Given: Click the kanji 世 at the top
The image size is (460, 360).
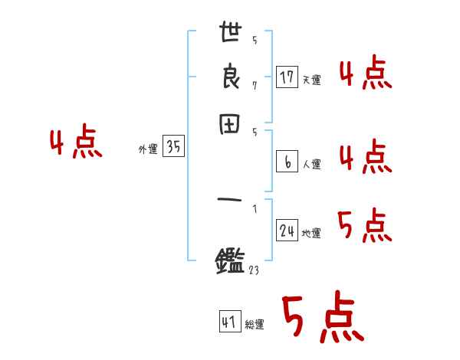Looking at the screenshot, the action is tap(231, 34).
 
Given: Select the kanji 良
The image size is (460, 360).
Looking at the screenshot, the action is tap(231, 77).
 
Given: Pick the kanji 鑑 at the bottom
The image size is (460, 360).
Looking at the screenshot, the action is tap(231, 263).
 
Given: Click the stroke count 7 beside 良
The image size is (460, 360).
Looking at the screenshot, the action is tap(254, 85).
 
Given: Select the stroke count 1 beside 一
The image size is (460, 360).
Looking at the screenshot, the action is tap(254, 208).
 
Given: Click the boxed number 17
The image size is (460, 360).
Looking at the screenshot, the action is tap(287, 77).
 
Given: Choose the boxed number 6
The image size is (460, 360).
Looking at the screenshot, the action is tap(287, 162).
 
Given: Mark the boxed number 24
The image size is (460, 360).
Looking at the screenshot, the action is tap(287, 230).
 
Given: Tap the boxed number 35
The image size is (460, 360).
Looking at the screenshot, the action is tap(173, 147).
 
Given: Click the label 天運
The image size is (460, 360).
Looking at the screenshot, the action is tap(311, 80).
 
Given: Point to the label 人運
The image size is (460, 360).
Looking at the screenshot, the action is tap(311, 164).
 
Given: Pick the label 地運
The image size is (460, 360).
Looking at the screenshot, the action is tap(311, 233).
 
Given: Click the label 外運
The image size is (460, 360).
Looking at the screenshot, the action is tap(148, 150).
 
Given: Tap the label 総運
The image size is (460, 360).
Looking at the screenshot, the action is tap(255, 325).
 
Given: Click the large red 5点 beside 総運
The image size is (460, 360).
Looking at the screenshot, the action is tap(321, 319).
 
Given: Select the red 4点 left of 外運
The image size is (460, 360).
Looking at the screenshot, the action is tap(75, 144).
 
